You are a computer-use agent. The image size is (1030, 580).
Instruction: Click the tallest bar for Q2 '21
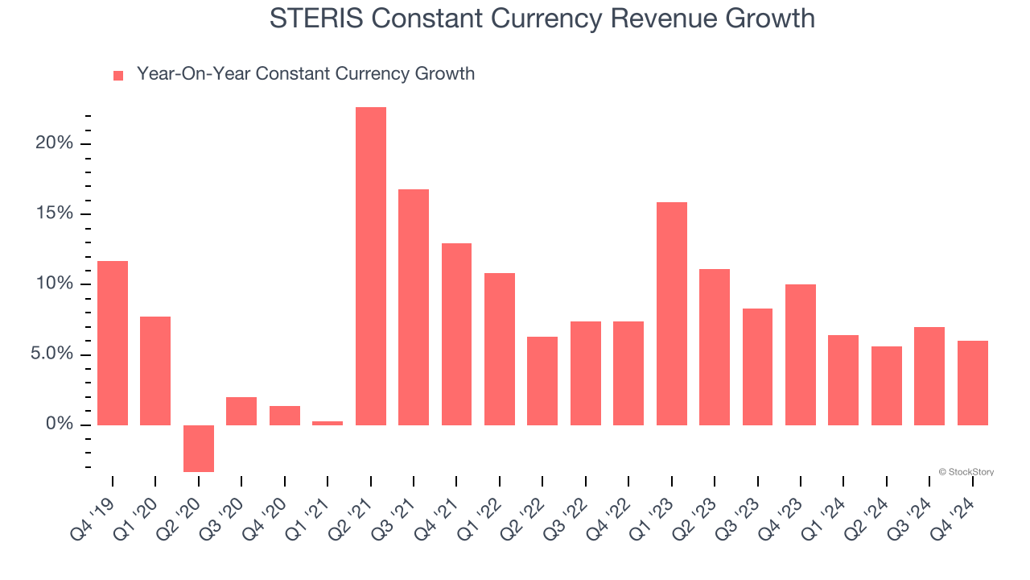click(x=370, y=266)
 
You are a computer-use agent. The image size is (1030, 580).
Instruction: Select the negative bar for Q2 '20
click(x=199, y=448)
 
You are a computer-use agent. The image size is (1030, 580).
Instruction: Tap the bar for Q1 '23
click(x=671, y=313)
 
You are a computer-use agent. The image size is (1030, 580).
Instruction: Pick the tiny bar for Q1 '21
click(x=328, y=423)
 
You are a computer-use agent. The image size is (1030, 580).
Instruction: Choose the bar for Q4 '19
click(x=113, y=343)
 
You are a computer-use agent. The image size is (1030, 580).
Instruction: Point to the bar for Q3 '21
click(x=414, y=307)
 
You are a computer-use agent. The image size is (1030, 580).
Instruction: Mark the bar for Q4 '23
click(x=801, y=354)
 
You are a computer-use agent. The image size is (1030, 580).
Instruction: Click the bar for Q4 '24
click(x=972, y=383)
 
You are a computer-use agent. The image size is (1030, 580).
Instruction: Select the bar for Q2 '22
click(x=542, y=381)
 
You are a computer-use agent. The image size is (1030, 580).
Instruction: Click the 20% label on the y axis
click(x=54, y=143)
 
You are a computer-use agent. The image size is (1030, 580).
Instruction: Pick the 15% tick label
click(x=54, y=213)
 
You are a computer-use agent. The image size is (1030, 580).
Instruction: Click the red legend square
click(x=118, y=75)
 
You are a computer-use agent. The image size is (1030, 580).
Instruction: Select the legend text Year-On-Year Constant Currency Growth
click(x=306, y=74)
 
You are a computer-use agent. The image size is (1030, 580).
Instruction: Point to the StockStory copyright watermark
click(x=966, y=472)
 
